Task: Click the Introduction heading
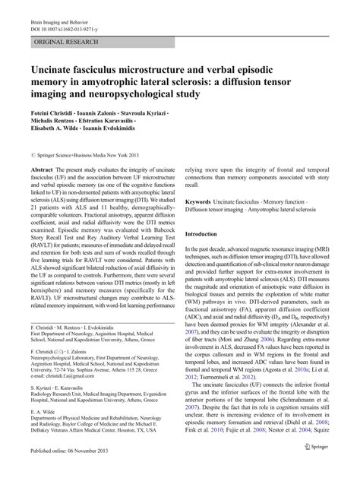click(x=202, y=234)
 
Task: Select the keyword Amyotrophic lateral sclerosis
click(x=288, y=209)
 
